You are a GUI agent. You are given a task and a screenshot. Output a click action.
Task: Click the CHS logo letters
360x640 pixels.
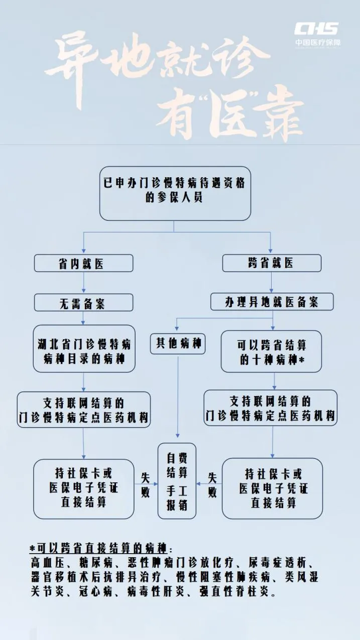(x=316, y=29)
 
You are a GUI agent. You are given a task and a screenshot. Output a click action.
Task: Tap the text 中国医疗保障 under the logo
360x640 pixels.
(x=317, y=42)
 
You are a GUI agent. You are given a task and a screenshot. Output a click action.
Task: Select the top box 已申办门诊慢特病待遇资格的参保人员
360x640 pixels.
(x=175, y=193)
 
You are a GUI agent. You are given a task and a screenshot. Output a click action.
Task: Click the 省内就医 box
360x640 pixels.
(x=83, y=263)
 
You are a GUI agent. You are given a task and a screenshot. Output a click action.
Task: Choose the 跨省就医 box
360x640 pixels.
(x=272, y=263)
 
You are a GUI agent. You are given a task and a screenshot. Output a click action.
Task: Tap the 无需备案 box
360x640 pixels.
(x=83, y=303)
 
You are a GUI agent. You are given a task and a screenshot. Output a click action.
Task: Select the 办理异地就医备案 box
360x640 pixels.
(x=272, y=301)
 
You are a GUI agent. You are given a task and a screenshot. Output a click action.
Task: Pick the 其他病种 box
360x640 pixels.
(x=178, y=344)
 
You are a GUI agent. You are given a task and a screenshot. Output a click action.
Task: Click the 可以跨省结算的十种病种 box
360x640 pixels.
(x=272, y=351)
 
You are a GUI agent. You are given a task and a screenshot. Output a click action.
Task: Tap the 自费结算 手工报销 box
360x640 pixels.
(x=177, y=481)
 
